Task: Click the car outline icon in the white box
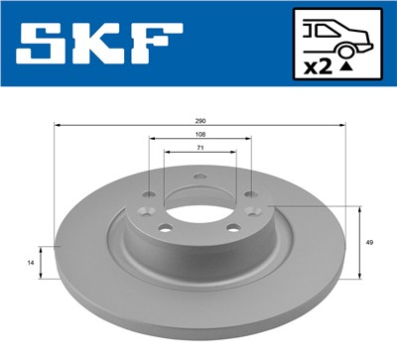point(338,35)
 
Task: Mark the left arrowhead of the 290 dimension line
point(56,126)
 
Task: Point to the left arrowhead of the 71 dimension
point(166,152)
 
